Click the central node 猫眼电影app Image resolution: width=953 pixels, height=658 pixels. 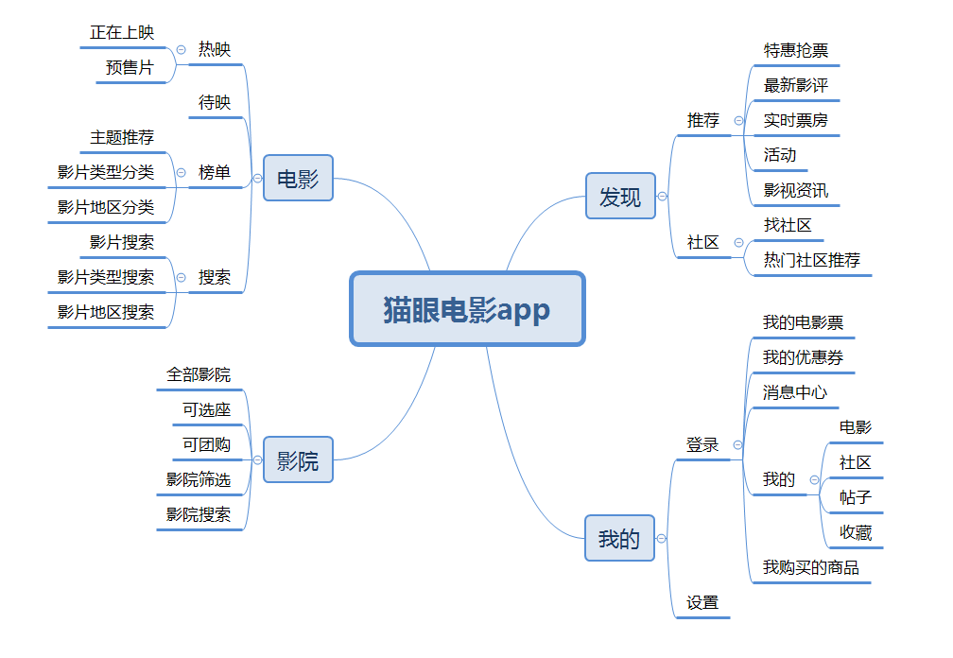(467, 309)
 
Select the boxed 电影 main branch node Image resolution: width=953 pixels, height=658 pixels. (298, 179)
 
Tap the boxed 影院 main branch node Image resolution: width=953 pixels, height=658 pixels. (298, 460)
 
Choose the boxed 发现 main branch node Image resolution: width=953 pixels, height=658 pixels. (620, 197)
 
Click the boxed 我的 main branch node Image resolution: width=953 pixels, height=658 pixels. (619, 539)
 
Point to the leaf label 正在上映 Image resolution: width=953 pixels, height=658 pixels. (122, 32)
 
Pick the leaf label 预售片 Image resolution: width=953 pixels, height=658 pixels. (130, 67)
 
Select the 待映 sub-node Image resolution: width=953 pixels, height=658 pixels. (215, 102)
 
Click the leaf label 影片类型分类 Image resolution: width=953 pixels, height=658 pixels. (106, 172)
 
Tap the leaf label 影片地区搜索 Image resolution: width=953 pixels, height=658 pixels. (106, 312)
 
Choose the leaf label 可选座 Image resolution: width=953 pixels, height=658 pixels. (207, 409)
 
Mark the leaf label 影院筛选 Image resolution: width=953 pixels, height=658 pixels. (199, 479)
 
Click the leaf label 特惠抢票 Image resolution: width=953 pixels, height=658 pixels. (796, 50)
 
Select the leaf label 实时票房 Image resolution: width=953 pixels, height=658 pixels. (796, 120)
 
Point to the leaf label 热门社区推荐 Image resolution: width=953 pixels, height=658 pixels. (812, 260)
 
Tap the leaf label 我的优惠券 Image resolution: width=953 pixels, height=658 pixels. (804, 357)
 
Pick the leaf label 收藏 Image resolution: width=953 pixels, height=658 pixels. (856, 532)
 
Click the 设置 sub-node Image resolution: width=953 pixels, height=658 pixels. (702, 602)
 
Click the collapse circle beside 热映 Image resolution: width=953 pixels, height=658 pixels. (181, 50)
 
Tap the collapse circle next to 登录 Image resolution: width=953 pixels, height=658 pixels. (737, 444)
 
